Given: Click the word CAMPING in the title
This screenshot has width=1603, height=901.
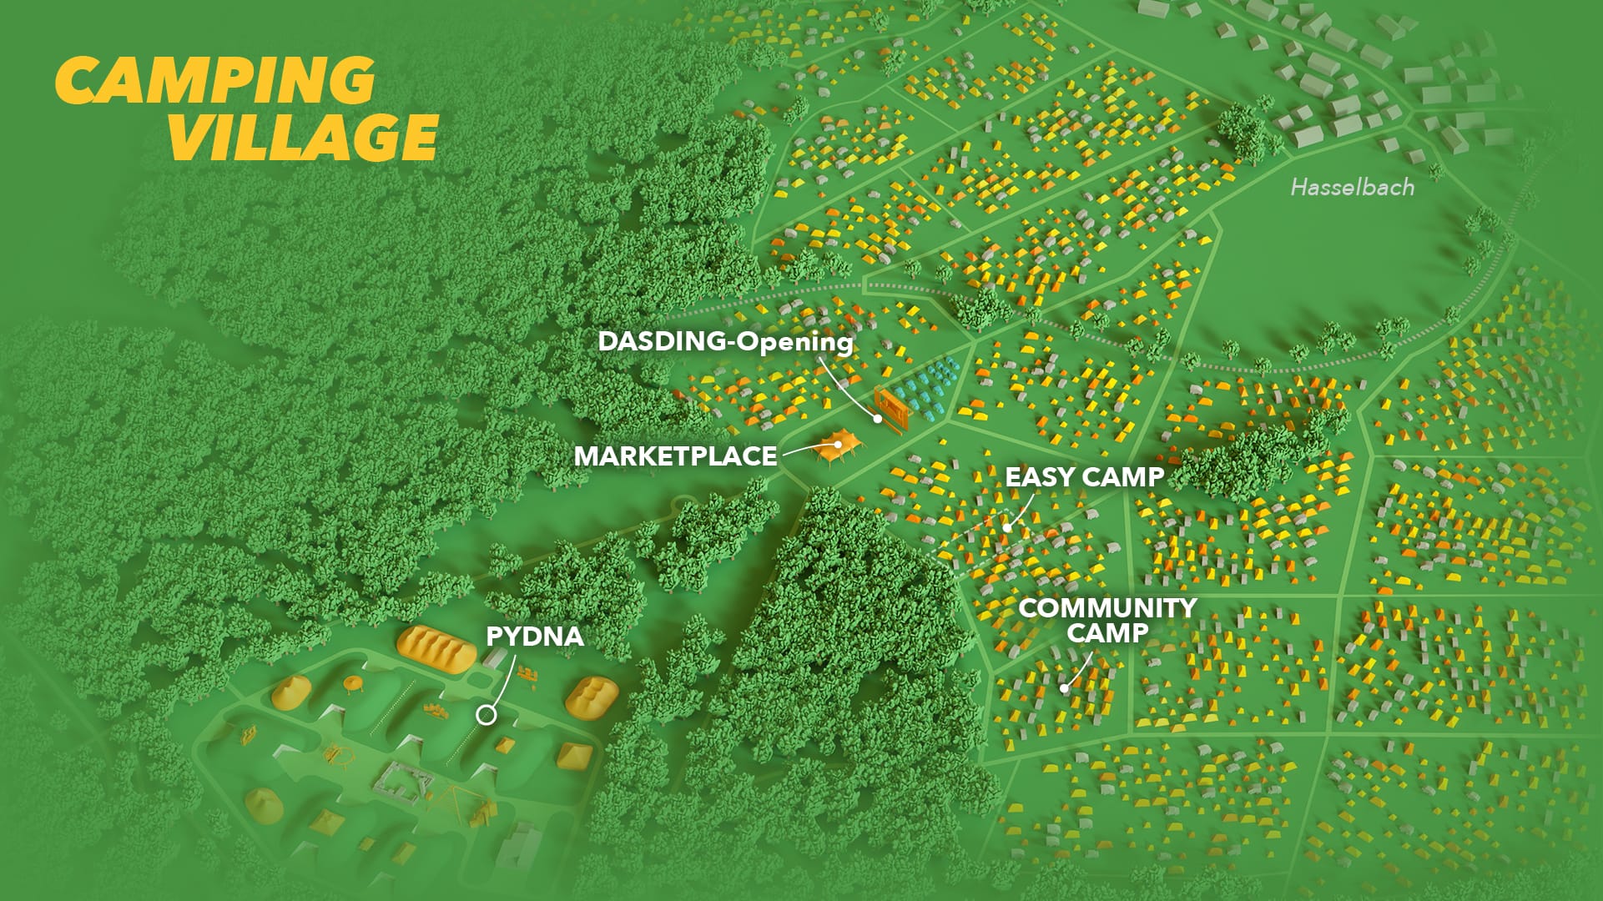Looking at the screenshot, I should (215, 81).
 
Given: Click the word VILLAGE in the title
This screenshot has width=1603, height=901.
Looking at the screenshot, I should (304, 137).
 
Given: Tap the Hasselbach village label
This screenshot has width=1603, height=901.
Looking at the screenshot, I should (1352, 187).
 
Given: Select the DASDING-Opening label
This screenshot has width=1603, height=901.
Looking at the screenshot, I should (725, 341).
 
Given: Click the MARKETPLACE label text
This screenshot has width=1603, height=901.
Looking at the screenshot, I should (675, 456).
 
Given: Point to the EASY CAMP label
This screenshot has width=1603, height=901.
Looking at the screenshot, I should (1084, 477).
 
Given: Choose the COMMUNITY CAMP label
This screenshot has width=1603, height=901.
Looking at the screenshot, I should (1107, 620).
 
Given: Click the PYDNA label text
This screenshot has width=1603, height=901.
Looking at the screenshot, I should (534, 637).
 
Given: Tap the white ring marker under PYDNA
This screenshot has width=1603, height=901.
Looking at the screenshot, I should (486, 715).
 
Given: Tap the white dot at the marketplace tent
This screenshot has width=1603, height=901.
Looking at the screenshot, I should (837, 445).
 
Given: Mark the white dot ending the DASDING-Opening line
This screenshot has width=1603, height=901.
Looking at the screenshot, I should (878, 418).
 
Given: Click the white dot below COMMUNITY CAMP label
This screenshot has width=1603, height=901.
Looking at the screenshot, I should (1064, 688).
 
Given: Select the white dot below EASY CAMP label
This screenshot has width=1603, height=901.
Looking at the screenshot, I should (1008, 527).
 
